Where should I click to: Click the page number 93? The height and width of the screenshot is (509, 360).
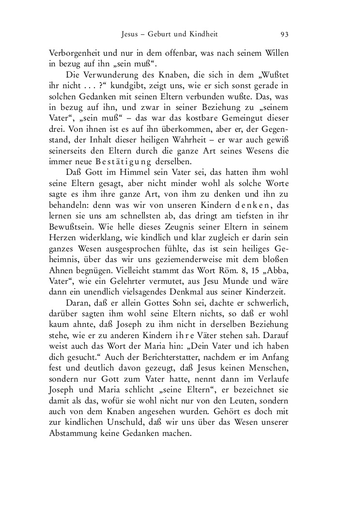click(285, 34)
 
